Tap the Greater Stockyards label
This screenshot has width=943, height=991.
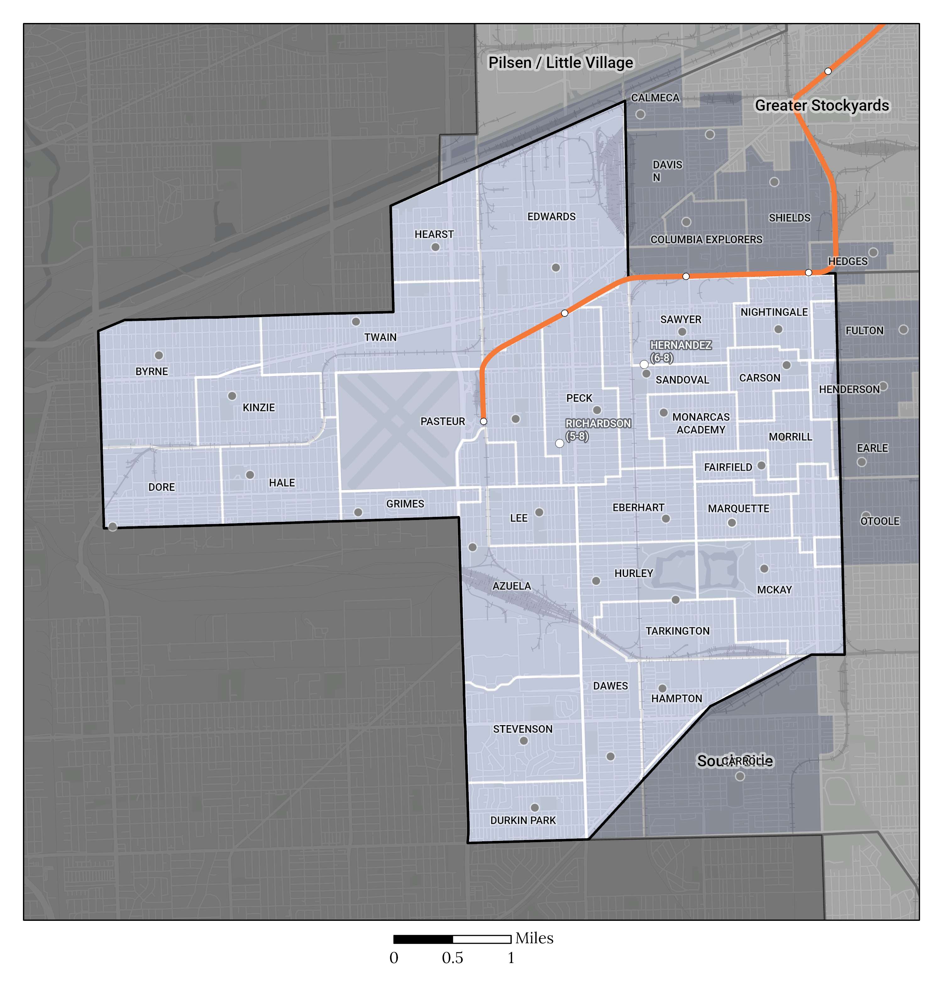[822, 106]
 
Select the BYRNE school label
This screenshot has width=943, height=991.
[152, 371]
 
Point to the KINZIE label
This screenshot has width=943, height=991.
[259, 407]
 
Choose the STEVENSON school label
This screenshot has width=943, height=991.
[523, 729]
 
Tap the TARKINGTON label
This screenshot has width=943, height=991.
[678, 631]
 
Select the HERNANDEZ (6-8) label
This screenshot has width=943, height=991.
[681, 351]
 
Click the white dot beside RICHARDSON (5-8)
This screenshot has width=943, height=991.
[560, 443]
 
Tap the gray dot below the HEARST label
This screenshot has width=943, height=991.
[435, 247]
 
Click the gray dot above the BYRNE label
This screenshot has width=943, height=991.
[159, 355]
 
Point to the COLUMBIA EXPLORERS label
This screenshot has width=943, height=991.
[706, 239]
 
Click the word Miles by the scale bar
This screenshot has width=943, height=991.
[534, 938]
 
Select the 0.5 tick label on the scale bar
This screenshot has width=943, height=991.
[452, 958]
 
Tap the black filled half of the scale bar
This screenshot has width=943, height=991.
[423, 939]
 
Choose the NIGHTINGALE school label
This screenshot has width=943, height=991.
[774, 312]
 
